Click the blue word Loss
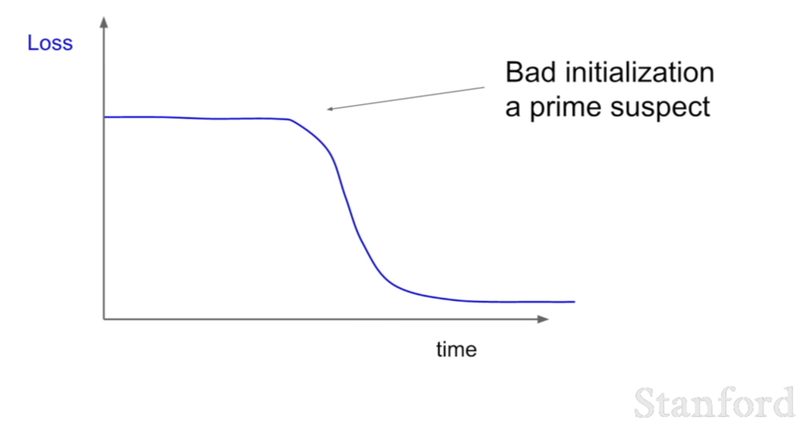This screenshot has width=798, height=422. pyautogui.click(x=50, y=44)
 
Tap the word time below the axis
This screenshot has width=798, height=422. pyautogui.click(x=457, y=350)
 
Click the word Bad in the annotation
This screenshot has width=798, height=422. pyautogui.click(x=531, y=72)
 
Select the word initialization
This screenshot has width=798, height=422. pyautogui.click(x=640, y=72)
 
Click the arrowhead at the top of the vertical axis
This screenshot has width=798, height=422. pyautogui.click(x=104, y=22)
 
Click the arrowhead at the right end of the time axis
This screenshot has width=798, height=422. pyautogui.click(x=543, y=319)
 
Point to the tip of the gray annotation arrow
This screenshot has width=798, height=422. pyautogui.click(x=327, y=108)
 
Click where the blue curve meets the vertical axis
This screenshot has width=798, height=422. pyautogui.click(x=105, y=117)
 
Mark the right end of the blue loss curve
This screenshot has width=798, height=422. pyautogui.click(x=575, y=302)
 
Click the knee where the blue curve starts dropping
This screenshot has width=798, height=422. pyautogui.click(x=290, y=120)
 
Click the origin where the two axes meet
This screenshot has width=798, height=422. pyautogui.click(x=104, y=319)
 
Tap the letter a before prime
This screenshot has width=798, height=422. pyautogui.click(x=513, y=108)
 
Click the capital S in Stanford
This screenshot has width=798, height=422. pyautogui.click(x=645, y=404)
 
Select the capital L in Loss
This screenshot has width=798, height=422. pyautogui.click(x=33, y=44)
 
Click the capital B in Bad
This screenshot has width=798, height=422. pyautogui.click(x=514, y=72)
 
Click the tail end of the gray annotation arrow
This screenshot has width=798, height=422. pyautogui.click(x=484, y=88)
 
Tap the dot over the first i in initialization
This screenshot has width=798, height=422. pyautogui.click(x=568, y=63)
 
